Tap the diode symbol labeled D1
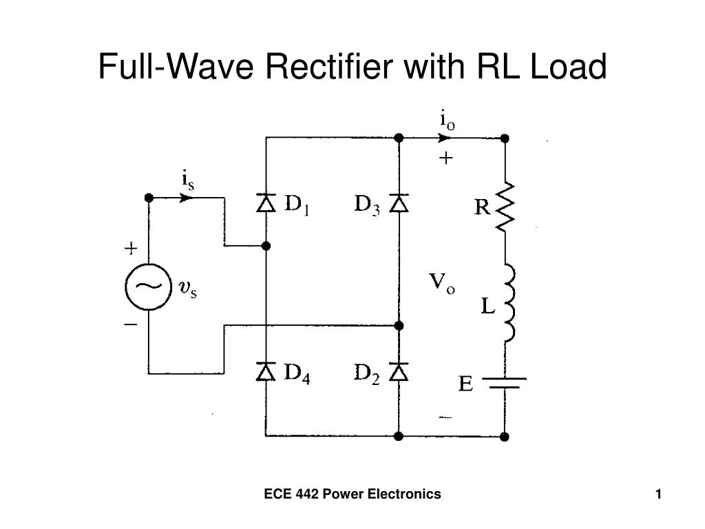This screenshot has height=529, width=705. click(266, 203)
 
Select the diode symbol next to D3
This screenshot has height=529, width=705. click(399, 203)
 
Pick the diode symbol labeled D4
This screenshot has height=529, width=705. click(266, 373)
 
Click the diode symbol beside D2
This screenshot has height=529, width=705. click(399, 373)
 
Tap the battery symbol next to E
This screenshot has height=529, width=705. click(505, 383)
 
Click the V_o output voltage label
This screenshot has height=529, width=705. click(441, 282)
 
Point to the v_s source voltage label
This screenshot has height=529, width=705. click(187, 289)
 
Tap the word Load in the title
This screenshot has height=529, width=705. click(573, 67)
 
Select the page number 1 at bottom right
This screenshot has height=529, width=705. click(659, 494)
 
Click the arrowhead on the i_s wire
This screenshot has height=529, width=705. click(185, 198)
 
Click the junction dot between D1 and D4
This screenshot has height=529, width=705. click(266, 245)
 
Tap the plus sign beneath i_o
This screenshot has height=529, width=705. click(446, 158)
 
